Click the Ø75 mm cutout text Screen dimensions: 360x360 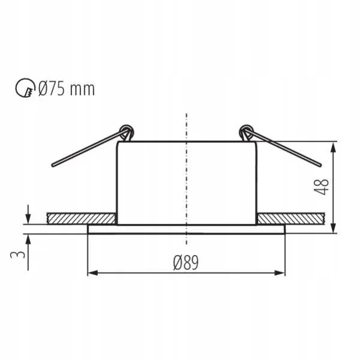(x=67, y=89)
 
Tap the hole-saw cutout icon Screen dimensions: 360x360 (x=25, y=88)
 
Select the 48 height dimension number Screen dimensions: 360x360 (x=321, y=187)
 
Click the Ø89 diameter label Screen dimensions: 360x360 (x=186, y=262)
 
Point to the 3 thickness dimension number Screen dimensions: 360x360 (x=17, y=254)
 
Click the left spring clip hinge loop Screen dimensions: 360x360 (x=127, y=131)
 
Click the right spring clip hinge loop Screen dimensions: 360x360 (x=246, y=131)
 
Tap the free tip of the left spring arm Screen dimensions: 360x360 (x=53, y=165)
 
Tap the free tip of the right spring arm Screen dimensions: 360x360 (x=320, y=165)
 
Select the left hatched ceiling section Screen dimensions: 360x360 (x=81, y=218)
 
